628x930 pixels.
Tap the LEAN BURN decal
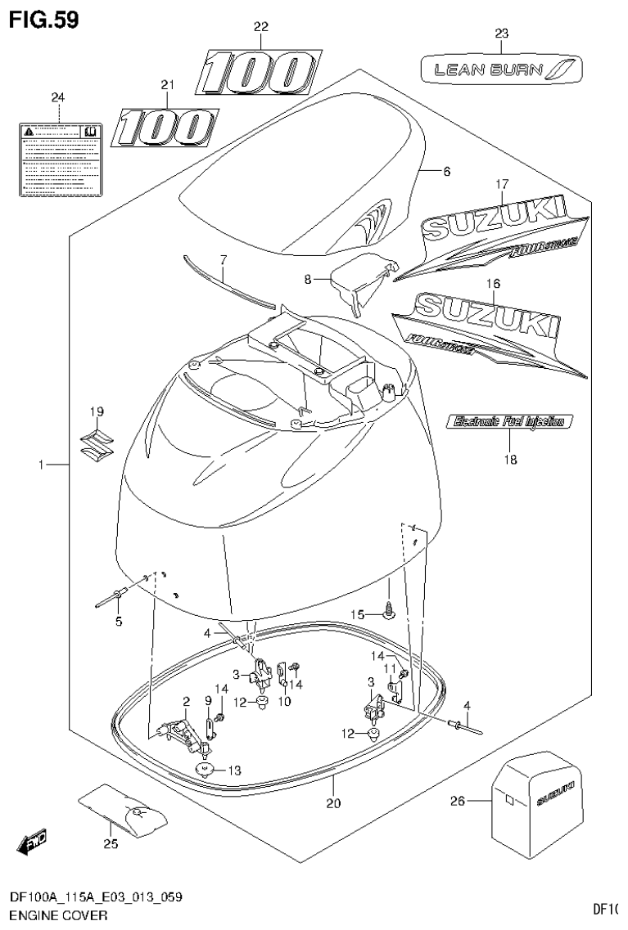pyautogui.click(x=501, y=70)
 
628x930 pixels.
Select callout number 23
pyautogui.click(x=501, y=34)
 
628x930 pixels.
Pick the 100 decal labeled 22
pyautogui.click(x=258, y=72)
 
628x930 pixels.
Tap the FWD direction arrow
pyautogui.click(x=33, y=839)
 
